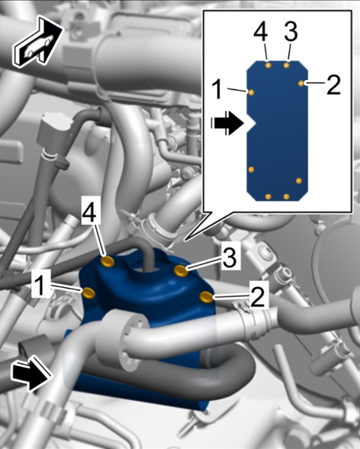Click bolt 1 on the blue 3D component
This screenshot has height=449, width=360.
point(89,293)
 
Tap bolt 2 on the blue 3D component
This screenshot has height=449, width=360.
point(207,297)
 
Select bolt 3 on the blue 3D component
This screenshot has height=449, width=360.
point(182,270)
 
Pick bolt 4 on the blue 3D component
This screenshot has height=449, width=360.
point(108,261)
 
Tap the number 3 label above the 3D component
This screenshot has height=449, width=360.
point(230,258)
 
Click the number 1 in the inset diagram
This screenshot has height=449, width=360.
point(218,90)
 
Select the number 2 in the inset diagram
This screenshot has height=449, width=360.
point(334,85)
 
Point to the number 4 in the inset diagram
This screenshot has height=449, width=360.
point(261,32)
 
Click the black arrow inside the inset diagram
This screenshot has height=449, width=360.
point(227,123)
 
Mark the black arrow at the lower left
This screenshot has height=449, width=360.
point(31,373)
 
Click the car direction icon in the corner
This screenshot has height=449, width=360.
point(37,43)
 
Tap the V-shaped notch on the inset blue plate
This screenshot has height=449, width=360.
point(252,123)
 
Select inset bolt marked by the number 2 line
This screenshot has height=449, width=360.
point(301,83)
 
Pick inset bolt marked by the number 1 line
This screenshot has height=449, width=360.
point(251,92)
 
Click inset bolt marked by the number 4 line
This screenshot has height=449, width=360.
point(268,66)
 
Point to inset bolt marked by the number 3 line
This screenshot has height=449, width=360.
point(287,66)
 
